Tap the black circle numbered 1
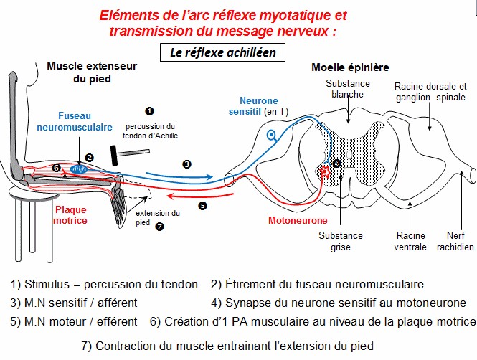(x=149, y=111)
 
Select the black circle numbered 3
(x=187, y=164)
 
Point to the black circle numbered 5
(x=202, y=205)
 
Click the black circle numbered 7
(x=159, y=227)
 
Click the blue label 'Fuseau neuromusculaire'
(x=75, y=120)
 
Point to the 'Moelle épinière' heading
(x=350, y=67)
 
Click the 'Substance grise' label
(x=341, y=241)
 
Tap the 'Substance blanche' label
(x=347, y=88)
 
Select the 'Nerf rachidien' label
(x=455, y=241)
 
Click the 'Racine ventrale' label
(x=410, y=241)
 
